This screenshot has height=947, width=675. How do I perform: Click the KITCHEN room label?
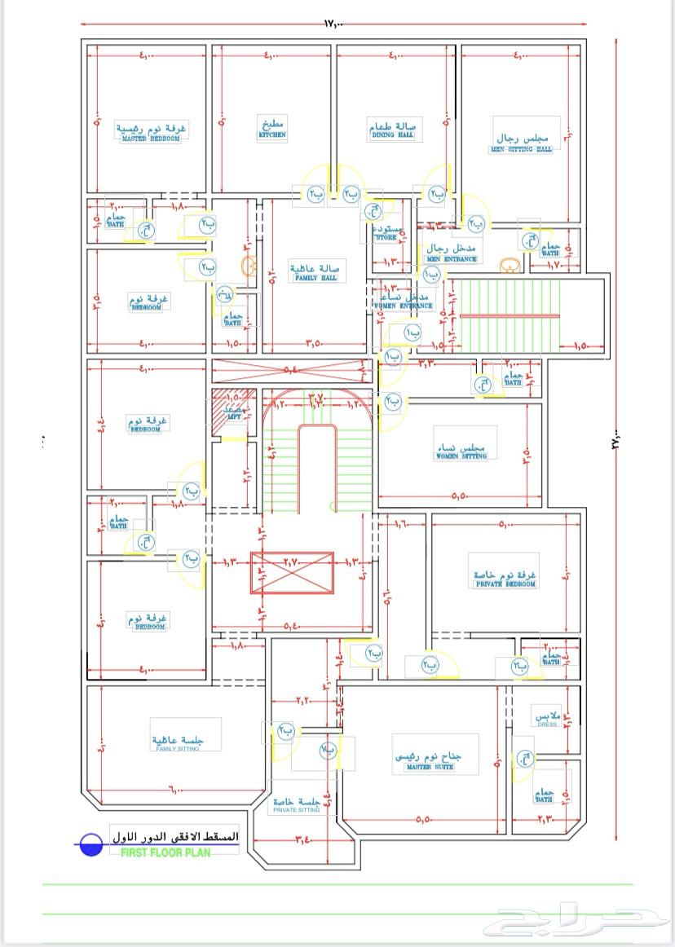[272, 134]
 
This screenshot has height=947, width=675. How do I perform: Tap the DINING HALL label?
[393, 134]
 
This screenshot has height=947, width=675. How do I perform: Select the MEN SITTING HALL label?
[522, 149]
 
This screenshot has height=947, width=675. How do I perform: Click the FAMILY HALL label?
[315, 278]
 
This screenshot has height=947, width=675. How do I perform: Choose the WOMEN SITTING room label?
[461, 456]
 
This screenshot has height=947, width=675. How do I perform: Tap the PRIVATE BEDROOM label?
[505, 584]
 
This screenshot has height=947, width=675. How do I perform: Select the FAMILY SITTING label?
[177, 747]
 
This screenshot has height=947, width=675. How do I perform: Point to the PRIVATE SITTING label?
[297, 810]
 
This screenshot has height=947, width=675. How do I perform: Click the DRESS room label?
[547, 724]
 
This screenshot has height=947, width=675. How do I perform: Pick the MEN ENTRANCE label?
[451, 259]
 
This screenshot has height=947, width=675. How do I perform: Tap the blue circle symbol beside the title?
[90, 844]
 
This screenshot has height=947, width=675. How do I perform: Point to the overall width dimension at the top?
[334, 24]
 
